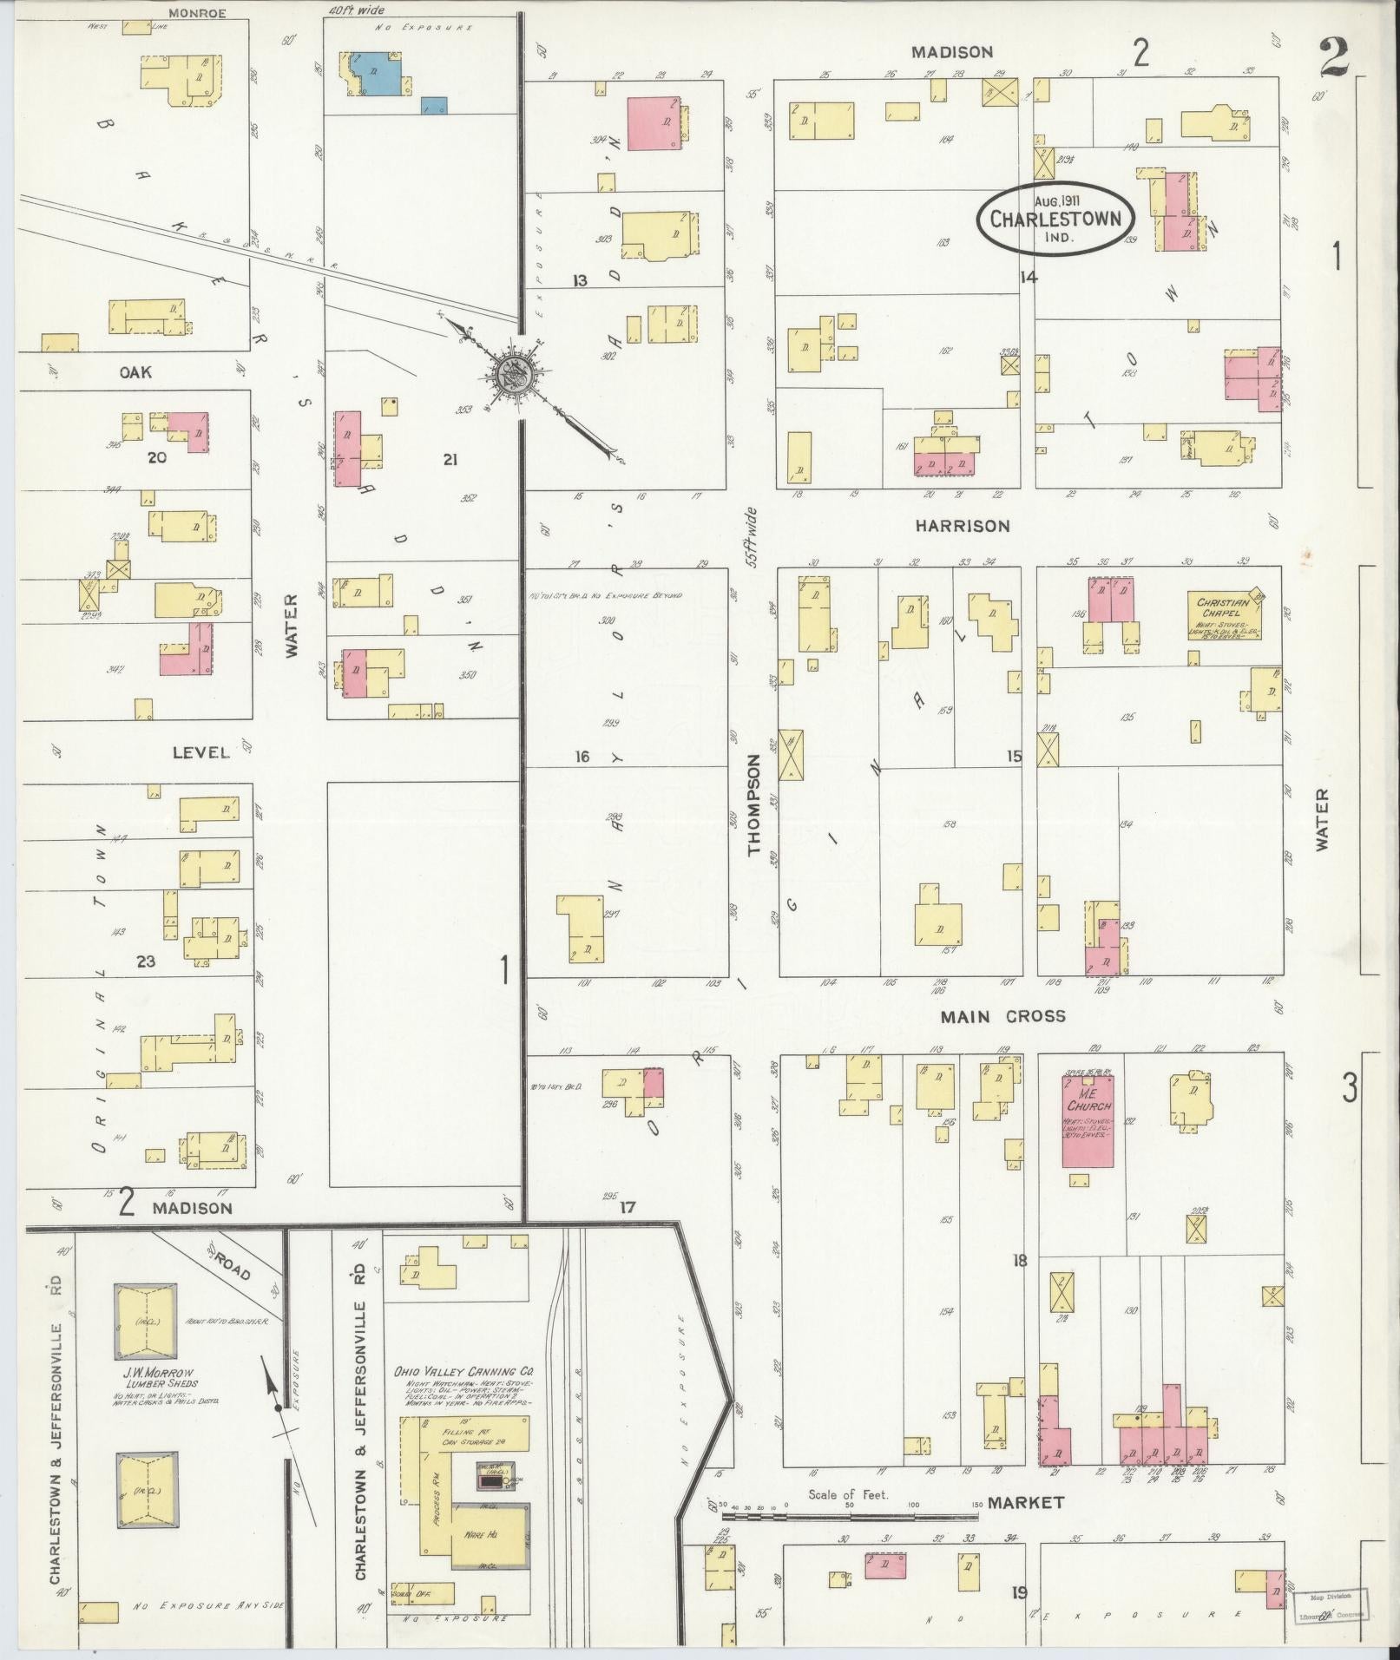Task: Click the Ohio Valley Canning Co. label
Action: pyautogui.click(x=463, y=1372)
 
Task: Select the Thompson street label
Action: pyautogui.click(x=753, y=804)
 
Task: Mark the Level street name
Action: pyautogui.click(x=200, y=752)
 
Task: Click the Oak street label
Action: pyautogui.click(x=135, y=372)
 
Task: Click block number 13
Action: pyautogui.click(x=580, y=279)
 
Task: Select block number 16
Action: pyautogui.click(x=582, y=757)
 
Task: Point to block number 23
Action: pyautogui.click(x=145, y=961)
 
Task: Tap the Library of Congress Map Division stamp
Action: pyautogui.click(x=1328, y=1604)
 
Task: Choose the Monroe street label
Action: pyautogui.click(x=197, y=13)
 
